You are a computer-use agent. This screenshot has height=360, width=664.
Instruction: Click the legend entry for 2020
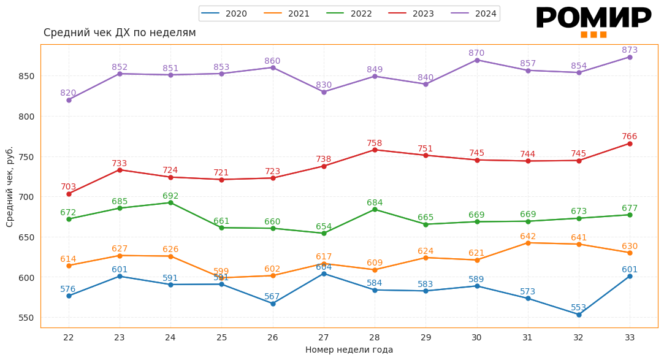[224, 13]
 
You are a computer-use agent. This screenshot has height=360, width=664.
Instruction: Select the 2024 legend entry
[474, 13]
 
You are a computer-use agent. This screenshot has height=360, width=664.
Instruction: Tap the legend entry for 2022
[349, 13]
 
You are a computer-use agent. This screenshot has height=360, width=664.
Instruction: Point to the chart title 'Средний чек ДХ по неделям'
[120, 33]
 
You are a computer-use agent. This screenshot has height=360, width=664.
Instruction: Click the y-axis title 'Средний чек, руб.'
[10, 186]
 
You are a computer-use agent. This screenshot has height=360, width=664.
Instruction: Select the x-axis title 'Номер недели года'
[349, 350]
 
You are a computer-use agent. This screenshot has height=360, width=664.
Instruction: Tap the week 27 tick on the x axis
[324, 337]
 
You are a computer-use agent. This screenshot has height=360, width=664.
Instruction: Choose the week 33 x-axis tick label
[630, 337]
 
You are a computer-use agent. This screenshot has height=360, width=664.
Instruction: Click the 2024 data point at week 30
[477, 60]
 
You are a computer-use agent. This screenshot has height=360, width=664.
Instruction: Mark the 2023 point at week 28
[375, 150]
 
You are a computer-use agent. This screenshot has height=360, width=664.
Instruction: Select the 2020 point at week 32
[579, 315]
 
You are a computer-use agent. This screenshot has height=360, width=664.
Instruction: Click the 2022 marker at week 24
[170, 202]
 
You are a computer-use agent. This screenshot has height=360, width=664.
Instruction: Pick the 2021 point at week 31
[528, 243]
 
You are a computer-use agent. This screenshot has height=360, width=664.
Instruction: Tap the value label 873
[630, 50]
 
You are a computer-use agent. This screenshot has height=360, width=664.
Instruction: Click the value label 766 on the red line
[630, 137]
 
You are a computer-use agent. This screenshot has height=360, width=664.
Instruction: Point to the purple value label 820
[68, 93]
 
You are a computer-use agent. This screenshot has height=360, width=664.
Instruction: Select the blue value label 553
[579, 308]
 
